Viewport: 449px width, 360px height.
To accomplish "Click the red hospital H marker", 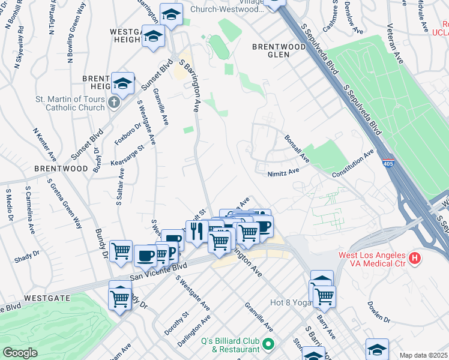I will click(x=414, y=259).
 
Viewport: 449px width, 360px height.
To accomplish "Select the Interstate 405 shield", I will click(x=387, y=163).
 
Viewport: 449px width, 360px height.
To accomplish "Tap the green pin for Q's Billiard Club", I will click(x=268, y=344).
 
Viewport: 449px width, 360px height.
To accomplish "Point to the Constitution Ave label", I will click(x=354, y=163).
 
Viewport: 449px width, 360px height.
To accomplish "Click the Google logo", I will click(x=20, y=353).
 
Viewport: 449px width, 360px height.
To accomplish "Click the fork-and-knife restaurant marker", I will click(x=196, y=231).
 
